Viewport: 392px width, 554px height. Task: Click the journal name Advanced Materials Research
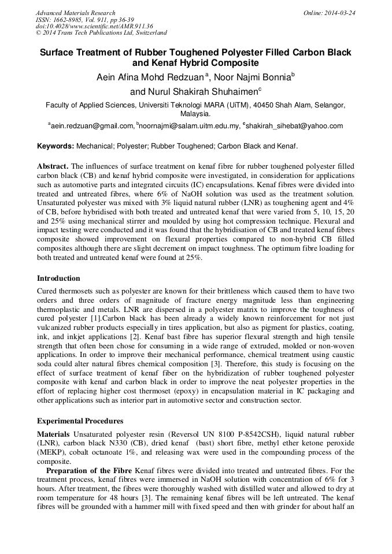(x=75, y=13)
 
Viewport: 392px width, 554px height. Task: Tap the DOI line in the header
(x=94, y=26)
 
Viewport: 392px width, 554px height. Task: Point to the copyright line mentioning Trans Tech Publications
(x=101, y=33)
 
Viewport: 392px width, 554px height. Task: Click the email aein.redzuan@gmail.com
(x=92, y=125)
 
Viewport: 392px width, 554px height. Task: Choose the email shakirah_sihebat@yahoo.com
(x=294, y=125)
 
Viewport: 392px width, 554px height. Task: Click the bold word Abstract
(x=53, y=166)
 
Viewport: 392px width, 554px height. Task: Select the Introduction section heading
(x=58, y=278)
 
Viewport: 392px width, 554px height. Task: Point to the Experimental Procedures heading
(x=80, y=421)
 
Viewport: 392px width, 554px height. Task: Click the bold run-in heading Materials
(x=54, y=434)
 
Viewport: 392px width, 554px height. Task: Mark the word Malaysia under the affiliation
(x=195, y=114)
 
